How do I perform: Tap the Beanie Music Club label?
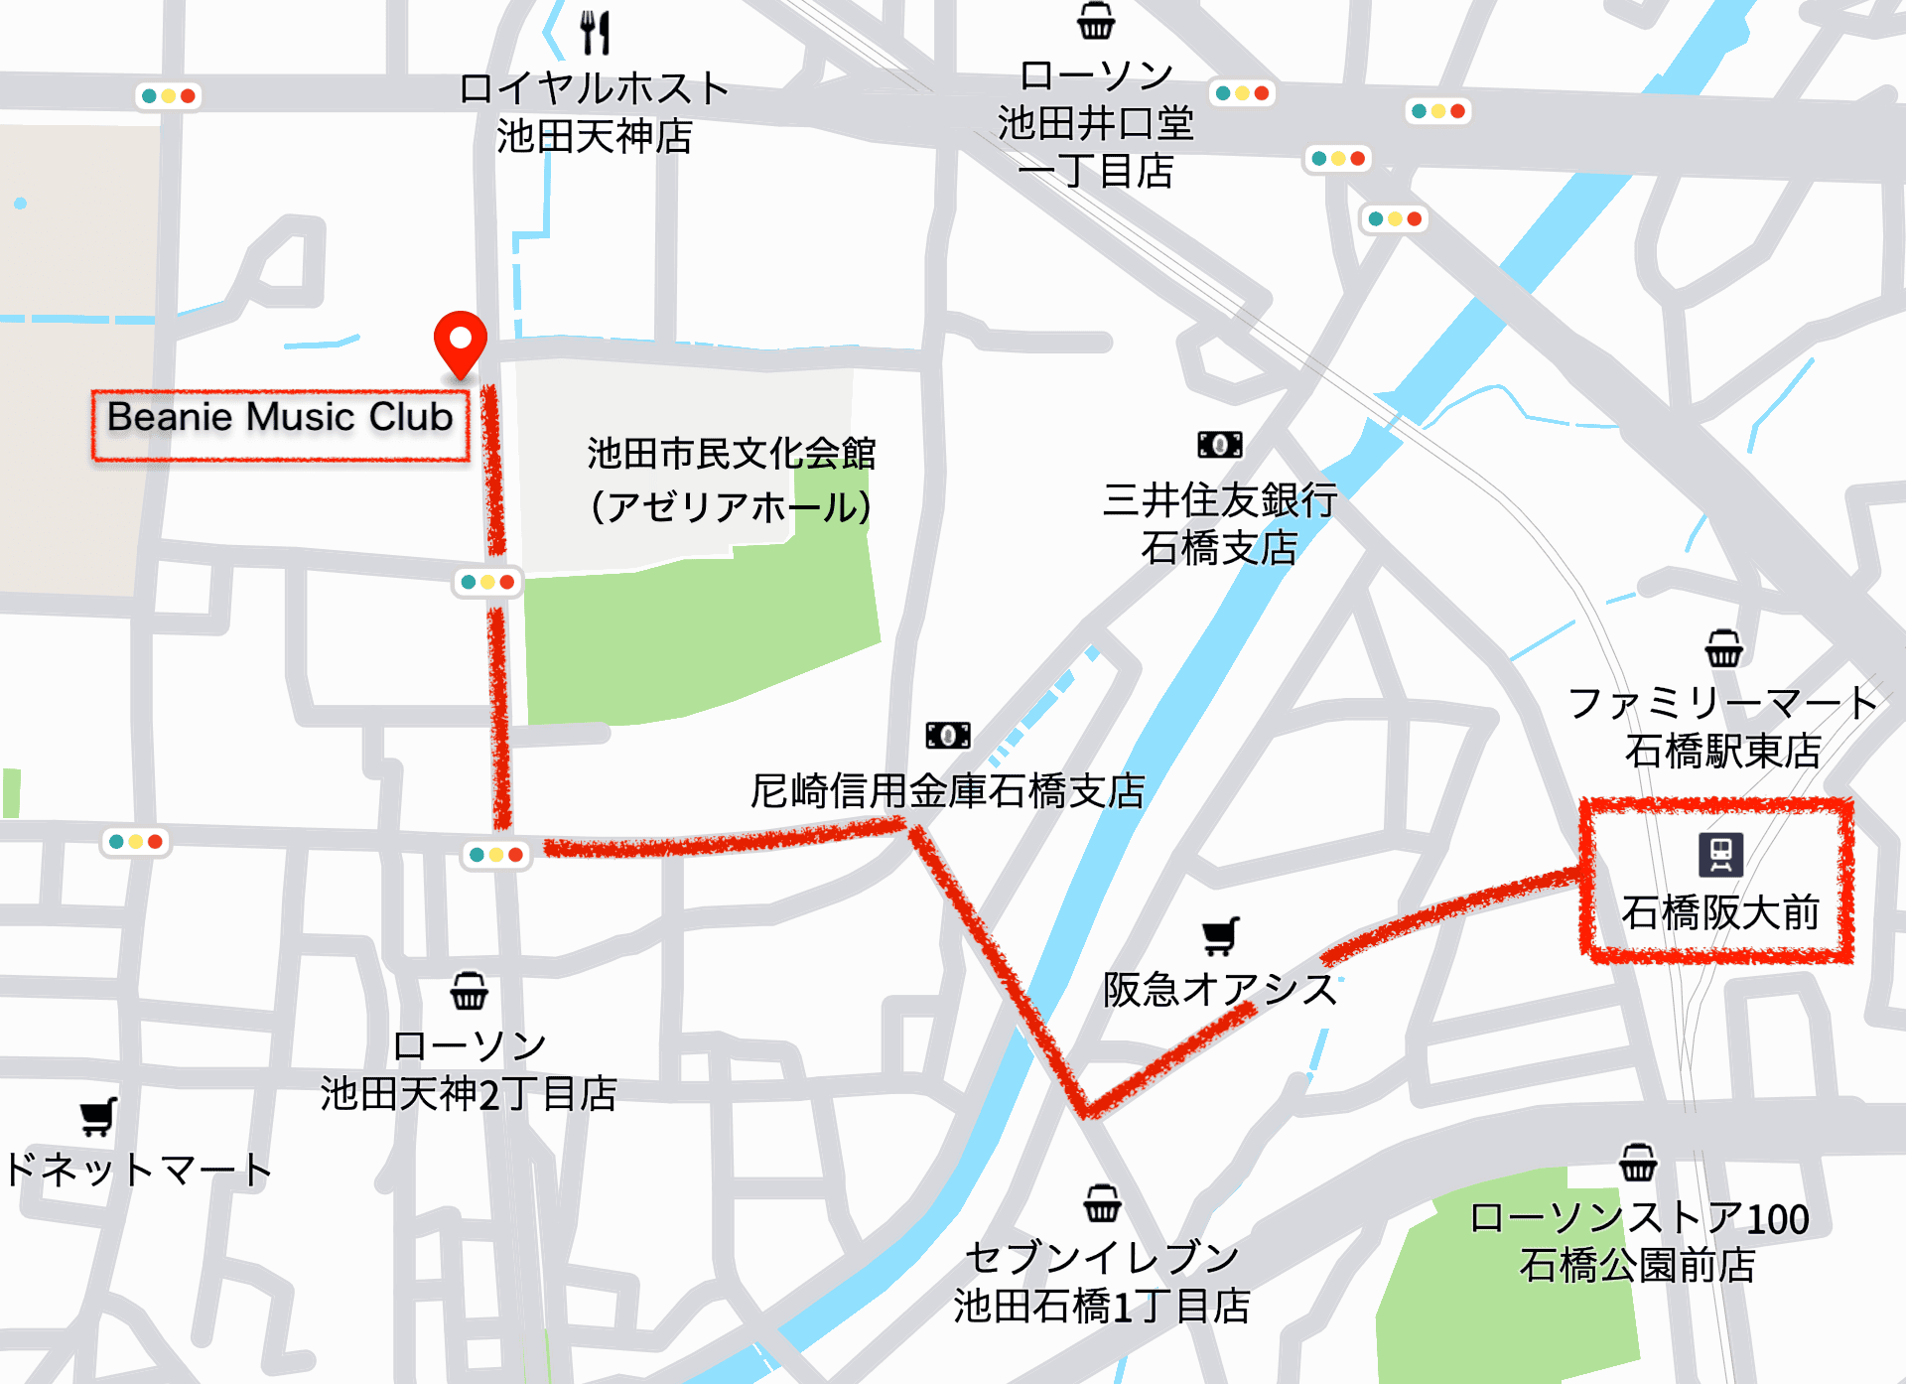[280, 418]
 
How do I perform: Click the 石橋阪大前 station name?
[1720, 912]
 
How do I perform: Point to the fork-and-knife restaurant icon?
[595, 32]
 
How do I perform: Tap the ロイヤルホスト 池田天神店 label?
[595, 112]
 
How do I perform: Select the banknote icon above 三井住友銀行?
[1219, 445]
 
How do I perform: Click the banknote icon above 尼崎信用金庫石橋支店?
[948, 736]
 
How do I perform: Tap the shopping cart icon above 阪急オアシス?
[1220, 935]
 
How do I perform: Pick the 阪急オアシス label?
[1220, 990]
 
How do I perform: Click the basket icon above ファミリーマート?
[1723, 649]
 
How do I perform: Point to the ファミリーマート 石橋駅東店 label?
[1723, 727]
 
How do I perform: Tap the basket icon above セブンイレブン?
[1102, 1203]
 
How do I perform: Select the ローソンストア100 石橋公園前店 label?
[1638, 1242]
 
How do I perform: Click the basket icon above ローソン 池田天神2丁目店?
[469, 991]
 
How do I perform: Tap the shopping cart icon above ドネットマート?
[98, 1117]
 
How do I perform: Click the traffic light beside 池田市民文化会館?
[486, 582]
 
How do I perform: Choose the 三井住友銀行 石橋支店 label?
[1220, 523]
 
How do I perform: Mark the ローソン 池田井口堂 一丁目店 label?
[1096, 123]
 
